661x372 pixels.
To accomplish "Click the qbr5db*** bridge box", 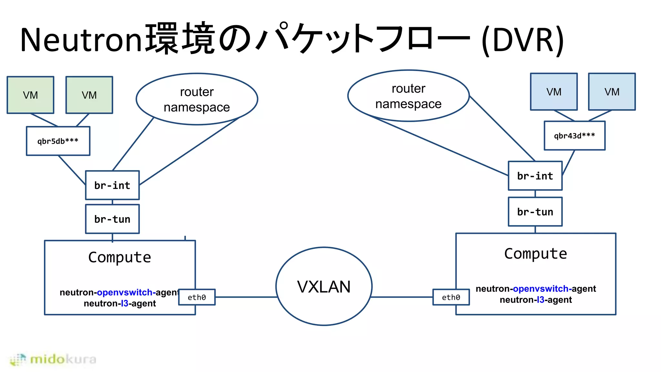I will point(58,141).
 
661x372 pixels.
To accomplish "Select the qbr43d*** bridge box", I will point(575,136).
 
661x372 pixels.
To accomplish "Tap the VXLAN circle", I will point(324,286).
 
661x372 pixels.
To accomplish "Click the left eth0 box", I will point(197,297).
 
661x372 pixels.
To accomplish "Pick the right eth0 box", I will point(451,297).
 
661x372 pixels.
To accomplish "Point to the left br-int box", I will point(112,185).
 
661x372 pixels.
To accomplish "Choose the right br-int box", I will point(535,176).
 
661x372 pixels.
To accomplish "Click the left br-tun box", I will point(112,219).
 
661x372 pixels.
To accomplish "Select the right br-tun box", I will point(535,212).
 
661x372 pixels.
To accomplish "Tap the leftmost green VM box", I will point(30,95).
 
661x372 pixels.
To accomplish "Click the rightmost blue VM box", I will point(612,92).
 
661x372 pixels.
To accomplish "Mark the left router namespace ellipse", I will point(197,99).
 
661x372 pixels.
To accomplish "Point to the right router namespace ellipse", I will point(408,96).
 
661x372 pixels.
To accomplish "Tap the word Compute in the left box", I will point(120,257).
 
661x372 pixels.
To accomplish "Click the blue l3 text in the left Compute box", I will point(125,304).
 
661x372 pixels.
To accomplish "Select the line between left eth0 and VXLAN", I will point(245,297).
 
